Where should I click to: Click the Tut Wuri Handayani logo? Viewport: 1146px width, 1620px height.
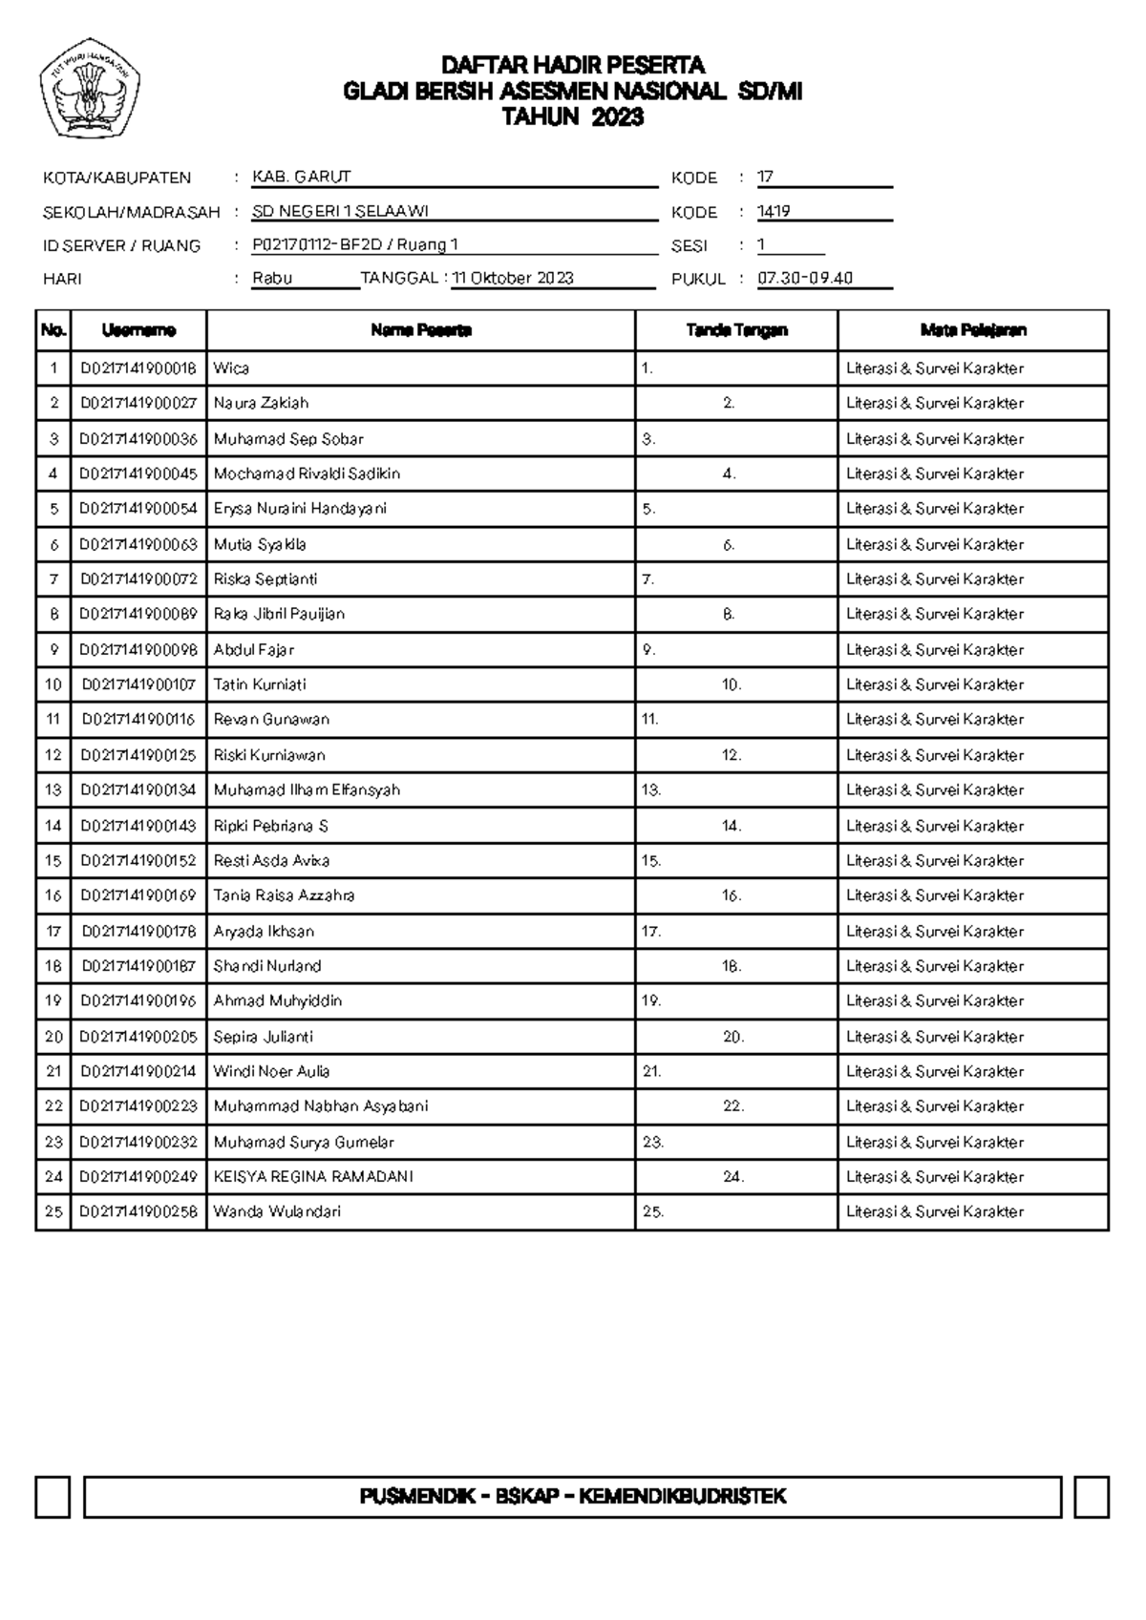91,94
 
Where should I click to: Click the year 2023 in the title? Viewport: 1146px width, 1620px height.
617,117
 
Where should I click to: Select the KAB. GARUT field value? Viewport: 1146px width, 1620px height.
302,178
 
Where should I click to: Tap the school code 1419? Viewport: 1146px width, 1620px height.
774,212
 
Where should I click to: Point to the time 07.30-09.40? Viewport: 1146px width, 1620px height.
805,279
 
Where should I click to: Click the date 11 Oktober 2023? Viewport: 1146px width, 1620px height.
513,279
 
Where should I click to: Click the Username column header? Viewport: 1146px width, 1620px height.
138,330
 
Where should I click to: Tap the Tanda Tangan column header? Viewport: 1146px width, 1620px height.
736,330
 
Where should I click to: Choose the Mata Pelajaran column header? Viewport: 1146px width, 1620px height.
973,330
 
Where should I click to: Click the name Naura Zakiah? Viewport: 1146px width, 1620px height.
261,403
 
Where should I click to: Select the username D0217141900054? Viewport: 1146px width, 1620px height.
138,509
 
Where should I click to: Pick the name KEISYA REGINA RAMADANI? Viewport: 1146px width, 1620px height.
313,1177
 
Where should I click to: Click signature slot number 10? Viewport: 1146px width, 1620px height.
732,684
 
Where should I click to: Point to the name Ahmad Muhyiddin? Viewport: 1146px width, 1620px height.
277,1001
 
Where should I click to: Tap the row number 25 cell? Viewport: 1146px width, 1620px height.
53,1212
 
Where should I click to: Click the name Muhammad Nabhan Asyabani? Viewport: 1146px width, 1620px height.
321,1106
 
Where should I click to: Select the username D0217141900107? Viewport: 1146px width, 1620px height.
138,684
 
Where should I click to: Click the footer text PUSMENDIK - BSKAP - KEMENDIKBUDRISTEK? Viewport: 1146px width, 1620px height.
573,1496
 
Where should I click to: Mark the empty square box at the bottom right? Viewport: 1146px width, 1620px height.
1091,1497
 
